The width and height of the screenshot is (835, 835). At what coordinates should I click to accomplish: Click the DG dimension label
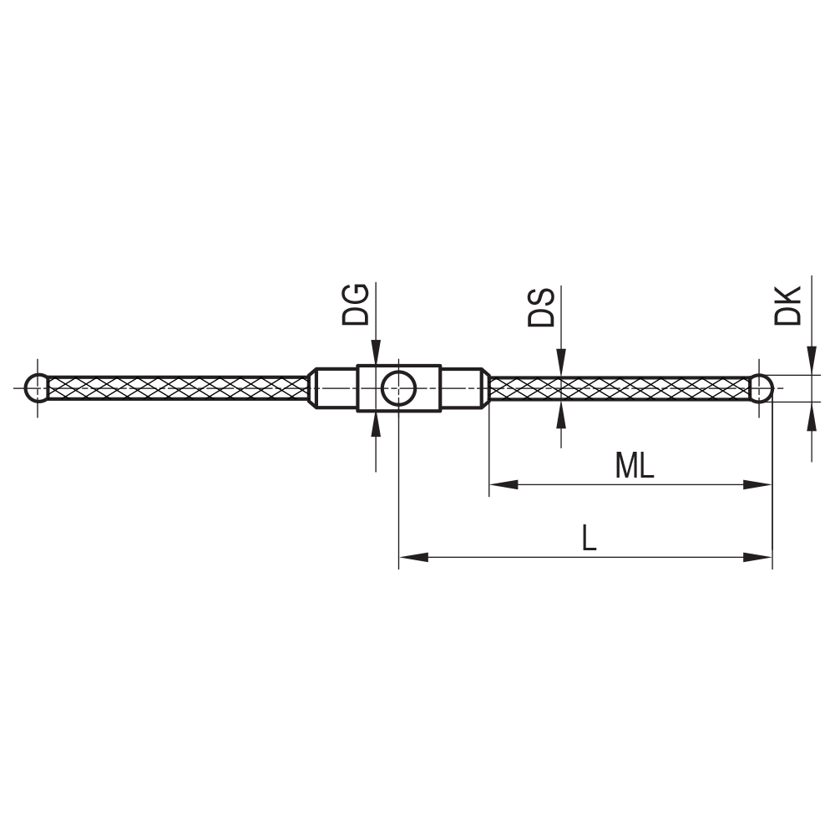point(355,304)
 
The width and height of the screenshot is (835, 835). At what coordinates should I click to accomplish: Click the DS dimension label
point(541,307)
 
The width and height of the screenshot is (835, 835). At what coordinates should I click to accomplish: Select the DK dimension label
point(788,306)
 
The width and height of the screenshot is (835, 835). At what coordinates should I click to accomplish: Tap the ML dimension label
point(634,467)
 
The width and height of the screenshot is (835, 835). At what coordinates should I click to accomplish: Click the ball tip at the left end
point(37,388)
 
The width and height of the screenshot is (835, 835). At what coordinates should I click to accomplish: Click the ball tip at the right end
point(760,388)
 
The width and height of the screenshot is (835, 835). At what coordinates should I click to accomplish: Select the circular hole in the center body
point(398,388)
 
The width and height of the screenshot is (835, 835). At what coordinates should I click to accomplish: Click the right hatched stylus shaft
point(618,388)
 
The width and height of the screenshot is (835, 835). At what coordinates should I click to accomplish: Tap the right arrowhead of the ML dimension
point(757,484)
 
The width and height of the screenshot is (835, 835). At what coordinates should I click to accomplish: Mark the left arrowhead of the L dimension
point(413,557)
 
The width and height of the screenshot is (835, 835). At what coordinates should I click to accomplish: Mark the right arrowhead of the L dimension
point(757,557)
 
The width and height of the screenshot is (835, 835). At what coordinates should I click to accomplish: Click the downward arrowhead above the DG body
point(376,352)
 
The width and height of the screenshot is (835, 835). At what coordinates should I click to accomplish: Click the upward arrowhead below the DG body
point(376,424)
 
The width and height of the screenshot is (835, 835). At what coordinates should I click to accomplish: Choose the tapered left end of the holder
point(312,388)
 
